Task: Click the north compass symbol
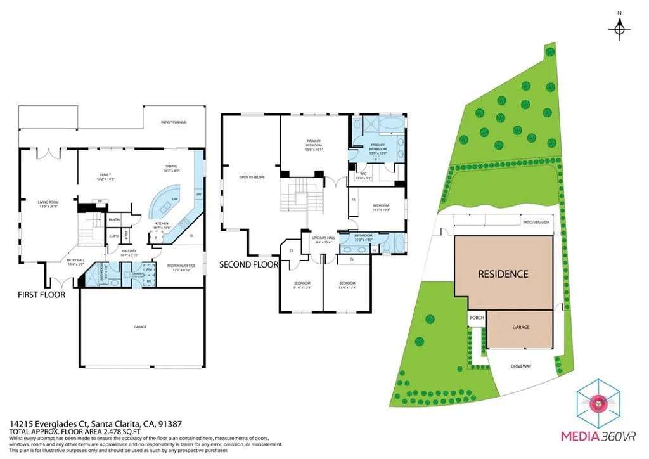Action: pyautogui.click(x=620, y=27)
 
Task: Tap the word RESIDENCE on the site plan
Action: pyautogui.click(x=503, y=274)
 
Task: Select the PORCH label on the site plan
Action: pyautogui.click(x=476, y=318)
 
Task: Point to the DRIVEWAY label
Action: pyautogui.click(x=521, y=366)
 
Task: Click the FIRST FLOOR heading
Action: pyautogui.click(x=41, y=295)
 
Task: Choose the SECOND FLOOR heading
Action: pyautogui.click(x=248, y=264)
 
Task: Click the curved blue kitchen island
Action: pyautogui.click(x=166, y=203)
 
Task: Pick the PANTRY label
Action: pyautogui.click(x=115, y=219)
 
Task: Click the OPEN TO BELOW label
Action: pyautogui.click(x=252, y=177)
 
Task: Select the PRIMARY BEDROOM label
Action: pyautogui.click(x=314, y=143)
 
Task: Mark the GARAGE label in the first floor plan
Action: pyautogui.click(x=140, y=326)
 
